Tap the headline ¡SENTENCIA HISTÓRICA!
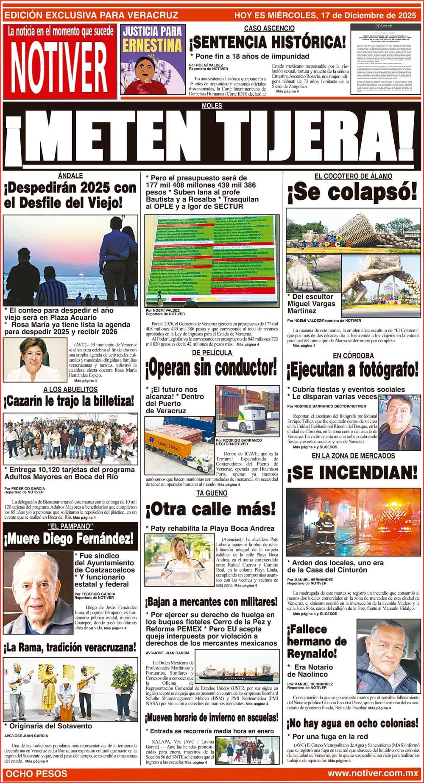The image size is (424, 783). click(x=268, y=43)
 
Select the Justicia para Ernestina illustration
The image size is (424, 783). click(x=151, y=59)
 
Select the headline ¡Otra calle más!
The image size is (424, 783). click(x=211, y=509)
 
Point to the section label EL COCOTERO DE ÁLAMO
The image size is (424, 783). click(x=353, y=176)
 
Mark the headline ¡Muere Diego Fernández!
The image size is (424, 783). click(x=69, y=540)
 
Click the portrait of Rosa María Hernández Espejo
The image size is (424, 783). click(x=35, y=360)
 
